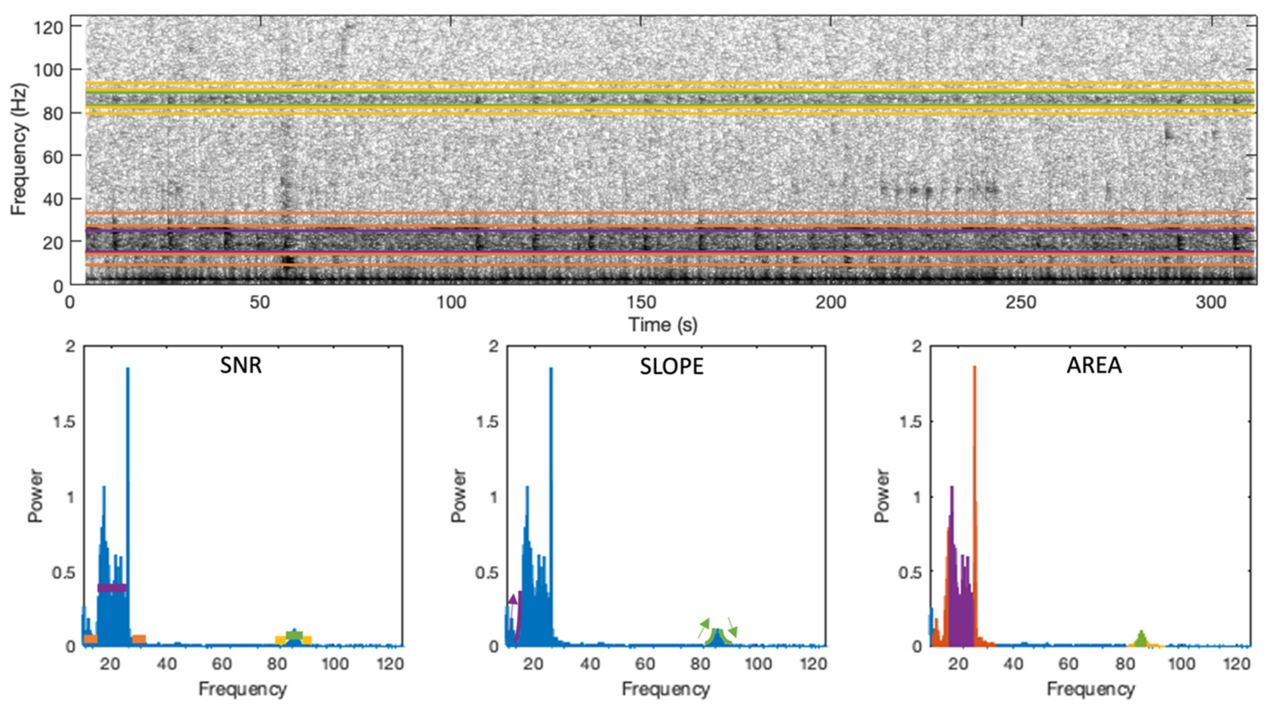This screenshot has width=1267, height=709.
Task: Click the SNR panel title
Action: [x=241, y=365]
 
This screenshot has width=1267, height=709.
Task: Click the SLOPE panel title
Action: [x=671, y=367]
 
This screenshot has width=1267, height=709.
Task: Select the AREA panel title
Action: [x=1094, y=365]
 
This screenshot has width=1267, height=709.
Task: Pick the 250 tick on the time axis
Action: [x=1020, y=303]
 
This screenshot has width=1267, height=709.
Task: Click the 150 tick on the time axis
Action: [x=641, y=303]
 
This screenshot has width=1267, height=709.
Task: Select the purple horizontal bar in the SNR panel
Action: [x=112, y=588]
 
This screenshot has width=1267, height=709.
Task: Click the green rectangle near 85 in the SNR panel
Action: [x=294, y=635]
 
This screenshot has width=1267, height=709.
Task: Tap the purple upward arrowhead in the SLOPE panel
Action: [x=512, y=599]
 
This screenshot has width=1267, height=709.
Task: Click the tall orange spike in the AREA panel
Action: [x=974, y=442]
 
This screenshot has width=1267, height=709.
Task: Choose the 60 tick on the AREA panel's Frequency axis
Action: [x=1069, y=664]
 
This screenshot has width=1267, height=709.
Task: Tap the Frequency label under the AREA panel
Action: [x=1090, y=689]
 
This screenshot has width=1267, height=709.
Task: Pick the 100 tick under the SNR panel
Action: [x=335, y=664]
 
